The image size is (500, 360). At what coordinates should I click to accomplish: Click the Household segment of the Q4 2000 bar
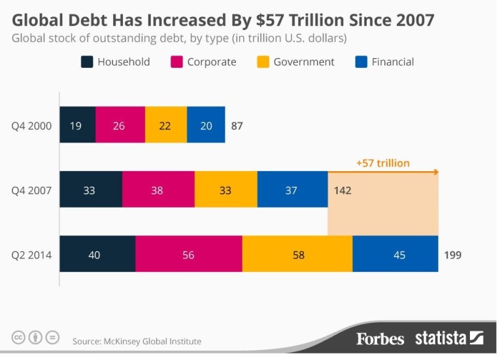coord(77,125)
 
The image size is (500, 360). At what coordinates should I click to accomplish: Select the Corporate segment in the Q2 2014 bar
coord(188,254)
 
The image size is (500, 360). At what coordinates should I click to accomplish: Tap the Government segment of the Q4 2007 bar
coord(225,190)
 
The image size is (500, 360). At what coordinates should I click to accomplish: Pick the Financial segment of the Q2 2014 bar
coord(395,254)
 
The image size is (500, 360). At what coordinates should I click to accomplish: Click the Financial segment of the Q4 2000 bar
coord(206,125)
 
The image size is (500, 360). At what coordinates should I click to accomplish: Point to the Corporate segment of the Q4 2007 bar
coord(158,190)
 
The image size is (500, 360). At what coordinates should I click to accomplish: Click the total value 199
coord(452,255)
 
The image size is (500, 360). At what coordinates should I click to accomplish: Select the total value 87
coord(237,125)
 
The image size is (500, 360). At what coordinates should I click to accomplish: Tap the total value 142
coord(342,191)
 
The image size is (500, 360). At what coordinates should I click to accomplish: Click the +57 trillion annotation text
coord(383,163)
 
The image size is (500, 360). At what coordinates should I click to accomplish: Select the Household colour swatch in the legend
coord(86,62)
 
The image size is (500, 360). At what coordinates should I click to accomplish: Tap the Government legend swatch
coord(263,62)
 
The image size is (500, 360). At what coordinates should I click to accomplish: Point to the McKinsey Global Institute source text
coord(137,341)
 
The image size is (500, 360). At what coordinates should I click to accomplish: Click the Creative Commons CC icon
coord(19,338)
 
